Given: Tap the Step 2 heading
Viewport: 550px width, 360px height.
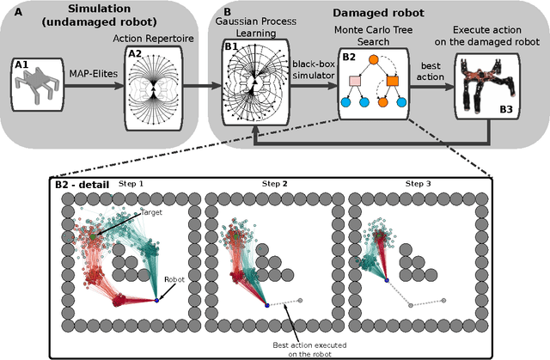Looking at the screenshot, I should coord(278,185).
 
